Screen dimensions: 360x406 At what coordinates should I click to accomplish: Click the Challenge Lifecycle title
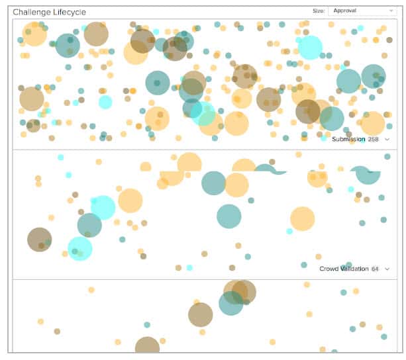(x=49, y=12)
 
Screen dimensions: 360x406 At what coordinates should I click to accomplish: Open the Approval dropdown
(x=362, y=11)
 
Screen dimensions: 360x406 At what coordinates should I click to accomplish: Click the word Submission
(x=348, y=139)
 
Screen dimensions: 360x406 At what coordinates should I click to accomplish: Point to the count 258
(x=373, y=139)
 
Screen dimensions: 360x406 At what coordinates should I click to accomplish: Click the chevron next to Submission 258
(x=387, y=139)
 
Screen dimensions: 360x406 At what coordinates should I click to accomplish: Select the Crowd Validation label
(x=343, y=269)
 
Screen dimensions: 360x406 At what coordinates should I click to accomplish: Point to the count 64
(x=375, y=269)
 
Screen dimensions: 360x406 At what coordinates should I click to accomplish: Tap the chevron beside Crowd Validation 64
(x=387, y=269)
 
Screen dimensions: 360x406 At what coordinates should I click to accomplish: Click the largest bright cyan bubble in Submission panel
(x=309, y=48)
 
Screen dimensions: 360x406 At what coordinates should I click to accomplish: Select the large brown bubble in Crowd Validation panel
(x=39, y=240)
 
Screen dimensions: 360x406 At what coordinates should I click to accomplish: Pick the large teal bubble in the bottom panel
(x=230, y=303)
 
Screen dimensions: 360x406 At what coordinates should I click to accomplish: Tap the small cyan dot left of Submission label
(x=324, y=138)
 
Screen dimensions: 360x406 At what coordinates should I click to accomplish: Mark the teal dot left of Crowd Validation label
(x=304, y=264)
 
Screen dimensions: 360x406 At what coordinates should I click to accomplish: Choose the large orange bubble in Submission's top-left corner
(x=34, y=34)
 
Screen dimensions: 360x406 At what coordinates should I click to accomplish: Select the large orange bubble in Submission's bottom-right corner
(x=372, y=123)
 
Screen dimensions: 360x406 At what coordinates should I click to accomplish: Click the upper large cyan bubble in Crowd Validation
(x=103, y=207)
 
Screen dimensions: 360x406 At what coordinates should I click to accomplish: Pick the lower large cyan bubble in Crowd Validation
(x=80, y=249)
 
